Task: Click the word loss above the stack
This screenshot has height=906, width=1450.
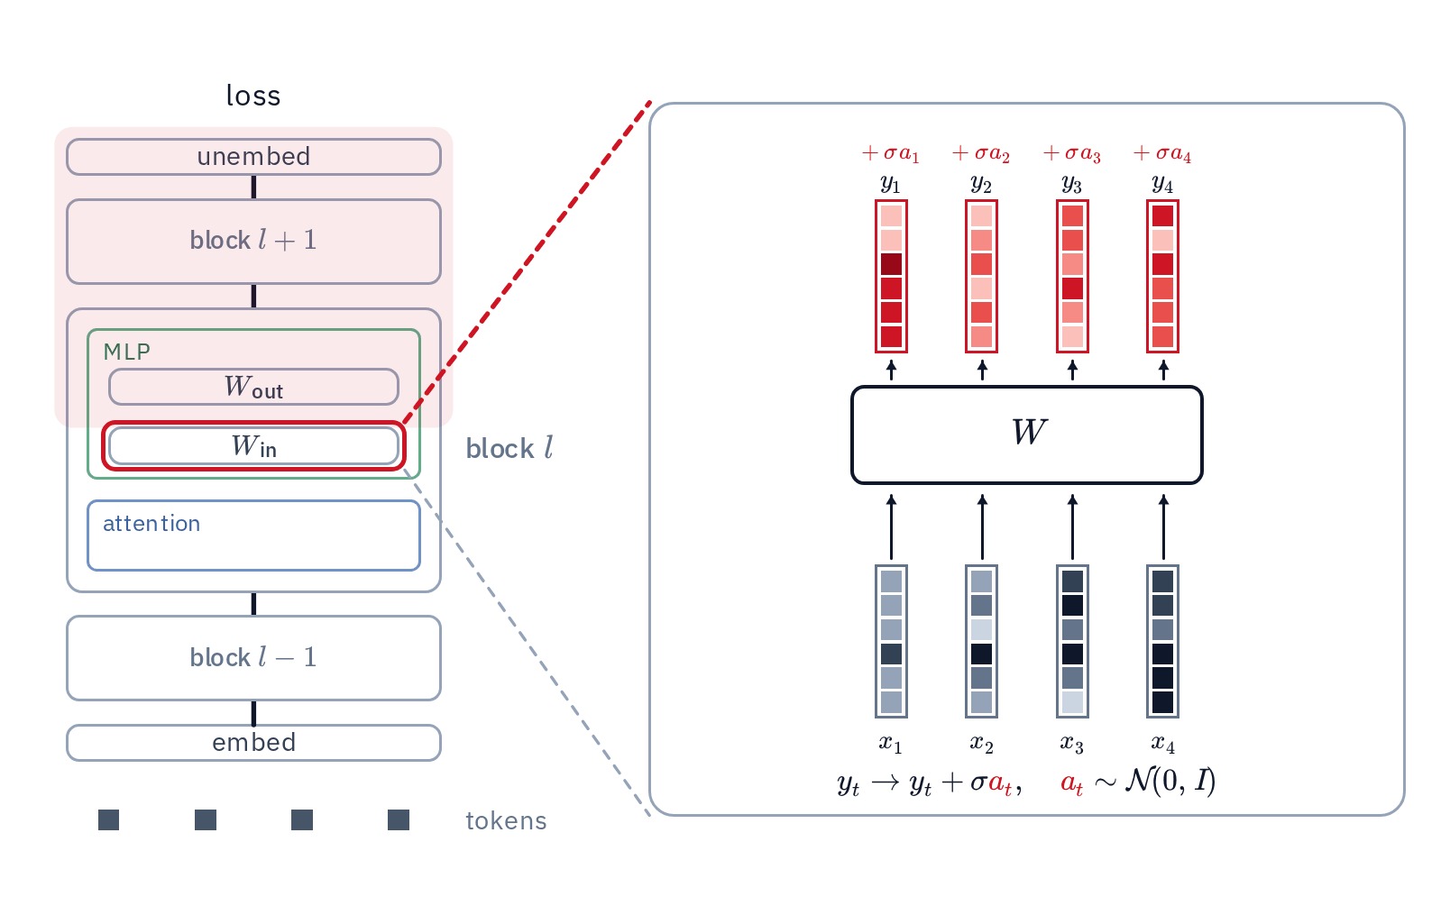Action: (x=253, y=96)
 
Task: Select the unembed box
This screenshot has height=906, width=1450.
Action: (x=253, y=157)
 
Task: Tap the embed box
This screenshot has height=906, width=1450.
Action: (x=253, y=742)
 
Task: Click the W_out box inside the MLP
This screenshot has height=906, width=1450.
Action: (x=253, y=387)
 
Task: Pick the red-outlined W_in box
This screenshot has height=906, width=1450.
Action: (x=253, y=446)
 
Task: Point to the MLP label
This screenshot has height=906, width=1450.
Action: (x=127, y=352)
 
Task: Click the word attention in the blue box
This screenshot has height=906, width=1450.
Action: (x=151, y=524)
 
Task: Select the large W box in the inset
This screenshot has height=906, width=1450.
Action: (x=1027, y=435)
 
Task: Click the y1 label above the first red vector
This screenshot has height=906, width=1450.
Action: (x=891, y=185)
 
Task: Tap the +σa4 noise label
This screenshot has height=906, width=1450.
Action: (x=1162, y=153)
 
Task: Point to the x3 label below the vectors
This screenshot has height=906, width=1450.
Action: (x=1072, y=745)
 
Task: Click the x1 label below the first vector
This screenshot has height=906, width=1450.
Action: (x=891, y=745)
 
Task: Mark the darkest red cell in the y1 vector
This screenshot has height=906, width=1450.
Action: (x=891, y=264)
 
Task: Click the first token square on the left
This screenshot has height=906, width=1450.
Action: (x=109, y=819)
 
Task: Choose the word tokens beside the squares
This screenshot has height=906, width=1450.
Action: (x=506, y=821)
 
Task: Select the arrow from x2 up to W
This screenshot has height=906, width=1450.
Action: (x=982, y=527)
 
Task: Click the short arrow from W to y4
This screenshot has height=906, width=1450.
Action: (x=1163, y=371)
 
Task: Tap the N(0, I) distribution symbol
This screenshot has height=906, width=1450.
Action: (x=1170, y=781)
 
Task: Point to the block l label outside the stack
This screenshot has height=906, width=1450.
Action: (x=509, y=448)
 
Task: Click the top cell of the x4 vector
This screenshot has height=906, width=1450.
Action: (x=1163, y=581)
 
